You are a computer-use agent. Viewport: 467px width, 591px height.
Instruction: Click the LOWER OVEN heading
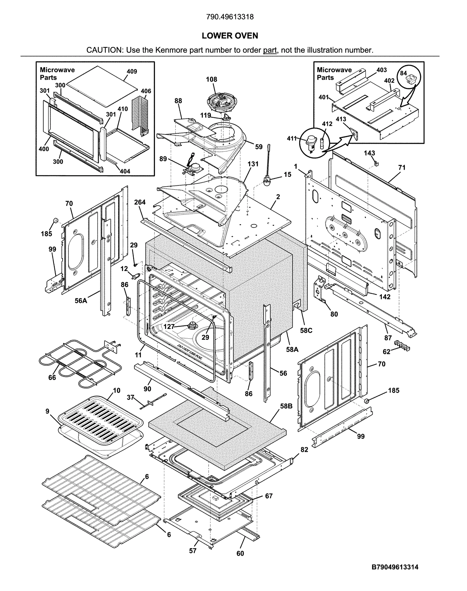point(230,36)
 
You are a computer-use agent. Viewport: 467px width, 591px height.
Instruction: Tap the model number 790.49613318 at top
point(230,17)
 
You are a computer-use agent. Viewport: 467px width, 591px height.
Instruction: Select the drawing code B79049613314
point(395,567)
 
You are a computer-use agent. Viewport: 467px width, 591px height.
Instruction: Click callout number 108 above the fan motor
point(211,79)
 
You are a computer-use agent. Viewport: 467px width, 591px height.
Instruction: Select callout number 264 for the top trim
point(140,202)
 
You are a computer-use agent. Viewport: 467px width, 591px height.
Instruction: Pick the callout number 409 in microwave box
point(132,71)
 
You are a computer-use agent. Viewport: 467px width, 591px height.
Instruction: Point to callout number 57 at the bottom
point(193,550)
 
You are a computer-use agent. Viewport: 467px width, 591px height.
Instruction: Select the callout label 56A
point(81,300)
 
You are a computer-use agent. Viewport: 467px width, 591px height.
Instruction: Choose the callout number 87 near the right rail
point(388,338)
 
